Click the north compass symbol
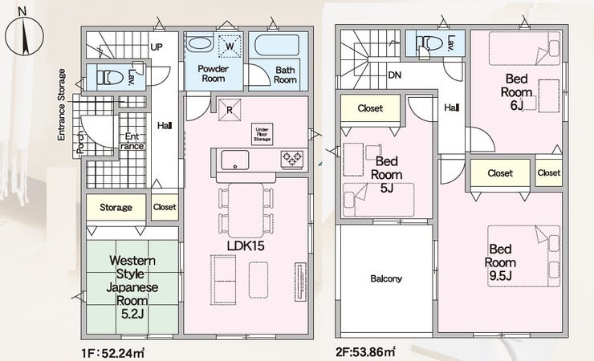click(24, 35)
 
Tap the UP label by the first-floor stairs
click(156, 47)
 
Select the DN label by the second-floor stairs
click(395, 75)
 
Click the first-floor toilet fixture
click(110, 78)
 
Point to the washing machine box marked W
click(230, 47)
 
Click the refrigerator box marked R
click(230, 110)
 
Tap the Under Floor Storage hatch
click(262, 134)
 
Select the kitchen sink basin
click(235, 160)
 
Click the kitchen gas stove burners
click(291, 159)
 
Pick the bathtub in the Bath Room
click(277, 46)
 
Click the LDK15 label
click(246, 246)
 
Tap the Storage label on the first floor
click(116, 207)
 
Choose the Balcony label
click(386, 279)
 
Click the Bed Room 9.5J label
click(500, 262)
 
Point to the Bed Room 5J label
click(386, 174)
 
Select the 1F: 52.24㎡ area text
click(113, 354)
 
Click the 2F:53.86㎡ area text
click(366, 352)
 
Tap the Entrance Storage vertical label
click(61, 104)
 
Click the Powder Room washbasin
click(200, 45)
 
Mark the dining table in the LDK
click(246, 210)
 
